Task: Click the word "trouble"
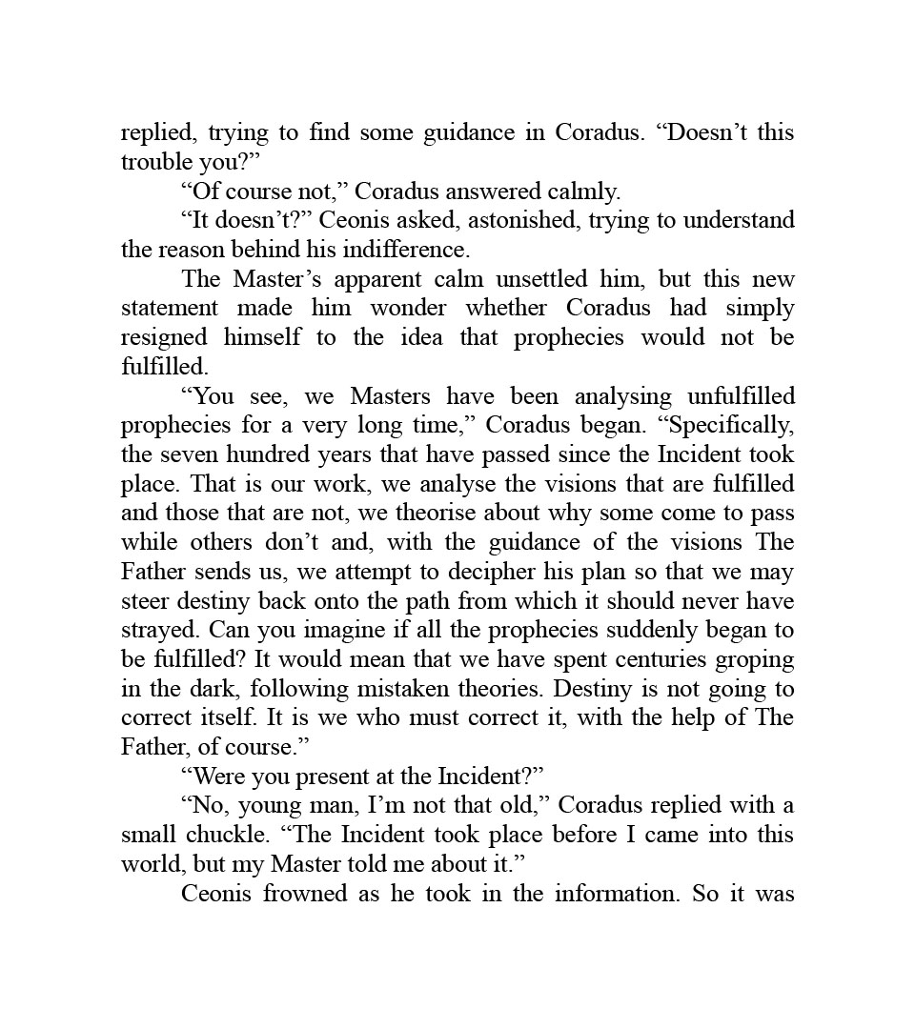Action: tap(154, 162)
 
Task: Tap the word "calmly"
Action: tap(584, 192)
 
